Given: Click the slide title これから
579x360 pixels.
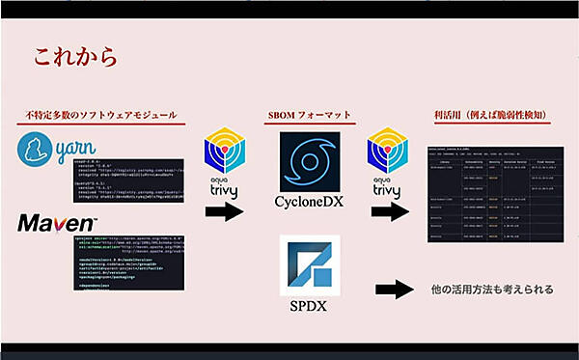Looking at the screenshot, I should pos(75,56).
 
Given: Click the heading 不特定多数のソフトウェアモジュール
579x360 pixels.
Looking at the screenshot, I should pos(101,116).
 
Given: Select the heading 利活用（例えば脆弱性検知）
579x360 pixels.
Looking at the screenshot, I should pos(492,116).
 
